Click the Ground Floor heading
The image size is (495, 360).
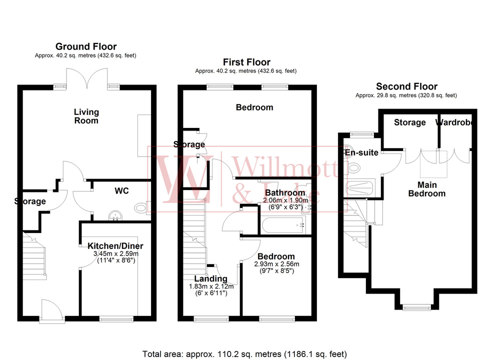pos(85,46)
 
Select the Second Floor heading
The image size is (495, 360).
pos(406,86)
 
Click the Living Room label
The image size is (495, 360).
pos(86,116)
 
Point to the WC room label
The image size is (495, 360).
pos(122,191)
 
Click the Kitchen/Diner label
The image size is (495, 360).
pos(115,246)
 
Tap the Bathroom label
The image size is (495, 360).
pos(284,192)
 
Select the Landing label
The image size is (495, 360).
pos(211,278)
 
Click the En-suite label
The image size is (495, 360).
pos(360,152)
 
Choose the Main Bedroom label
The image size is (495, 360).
pos(426,189)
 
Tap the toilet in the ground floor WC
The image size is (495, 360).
pos(141,208)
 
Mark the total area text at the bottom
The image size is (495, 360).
pos(244,354)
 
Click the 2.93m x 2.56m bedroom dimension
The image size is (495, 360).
pos(276,264)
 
